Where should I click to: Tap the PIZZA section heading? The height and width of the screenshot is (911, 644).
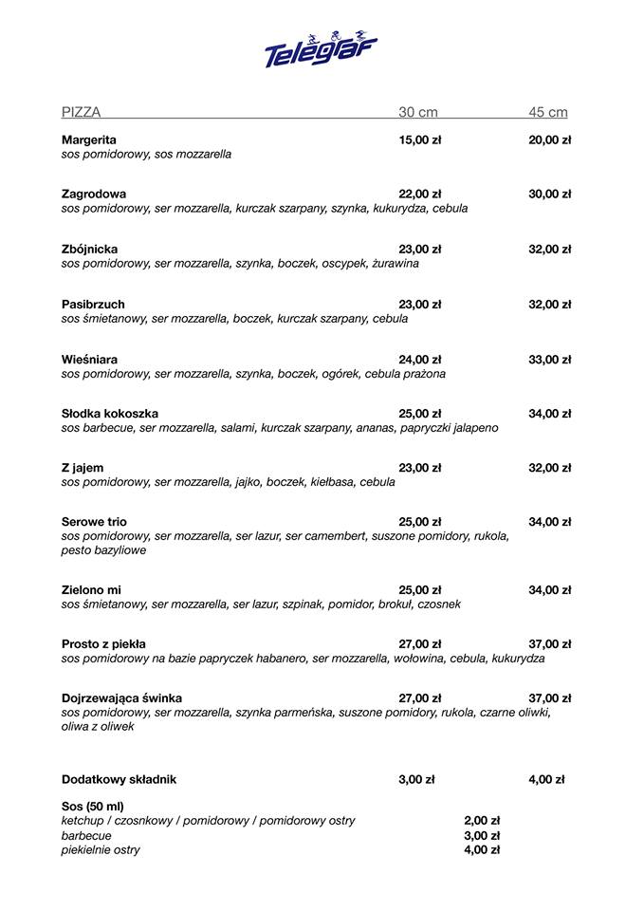point(82,112)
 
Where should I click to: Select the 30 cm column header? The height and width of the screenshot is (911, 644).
point(418,112)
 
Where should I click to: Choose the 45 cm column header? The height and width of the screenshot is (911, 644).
point(548,112)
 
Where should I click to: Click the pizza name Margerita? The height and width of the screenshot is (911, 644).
point(89,139)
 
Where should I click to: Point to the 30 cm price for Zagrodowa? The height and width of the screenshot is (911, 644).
point(420,194)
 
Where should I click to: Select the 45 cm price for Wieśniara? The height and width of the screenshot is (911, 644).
point(550,360)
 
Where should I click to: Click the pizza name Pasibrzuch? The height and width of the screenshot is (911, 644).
point(93,305)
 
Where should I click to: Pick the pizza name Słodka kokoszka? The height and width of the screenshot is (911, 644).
point(110,414)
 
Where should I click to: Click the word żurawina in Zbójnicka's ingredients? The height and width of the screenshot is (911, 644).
point(396,264)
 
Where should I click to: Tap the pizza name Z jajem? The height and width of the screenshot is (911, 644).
point(83,468)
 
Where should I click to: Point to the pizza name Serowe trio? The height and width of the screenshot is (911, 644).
point(94,522)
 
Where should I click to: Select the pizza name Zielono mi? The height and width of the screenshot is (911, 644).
point(91,590)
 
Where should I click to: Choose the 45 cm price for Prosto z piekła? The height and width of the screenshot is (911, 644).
point(550,644)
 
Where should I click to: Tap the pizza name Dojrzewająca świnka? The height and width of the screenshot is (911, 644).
point(121,698)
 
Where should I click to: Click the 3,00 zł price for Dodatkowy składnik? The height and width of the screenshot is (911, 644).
point(416,780)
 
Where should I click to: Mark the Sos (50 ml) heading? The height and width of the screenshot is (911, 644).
point(93,806)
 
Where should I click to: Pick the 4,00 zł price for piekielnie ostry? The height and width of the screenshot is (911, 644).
point(482,850)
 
